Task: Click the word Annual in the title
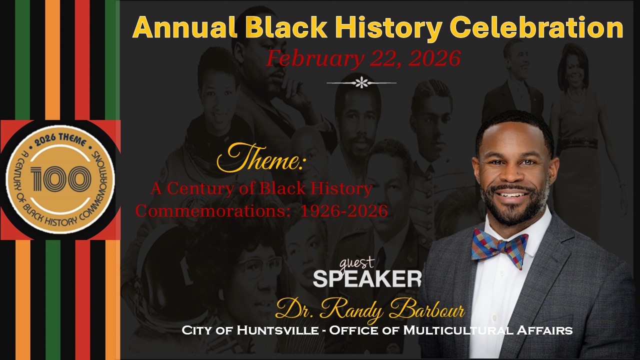(x=184, y=27)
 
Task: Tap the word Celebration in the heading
(x=538, y=27)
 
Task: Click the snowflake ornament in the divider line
(x=361, y=82)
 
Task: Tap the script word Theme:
(x=261, y=158)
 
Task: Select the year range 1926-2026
(x=344, y=211)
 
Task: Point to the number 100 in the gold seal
(x=60, y=179)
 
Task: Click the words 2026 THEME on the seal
(x=60, y=140)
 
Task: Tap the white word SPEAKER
(x=367, y=278)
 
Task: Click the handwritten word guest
(x=357, y=263)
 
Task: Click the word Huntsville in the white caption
(x=277, y=330)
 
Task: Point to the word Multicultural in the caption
(x=458, y=330)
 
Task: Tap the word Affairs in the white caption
(x=544, y=330)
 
